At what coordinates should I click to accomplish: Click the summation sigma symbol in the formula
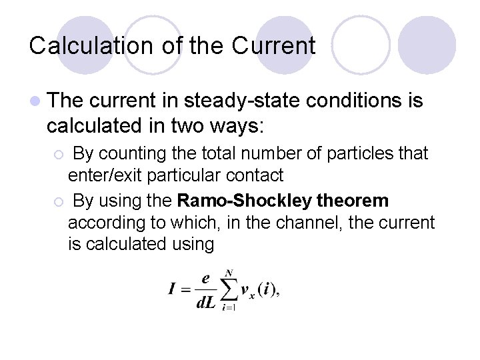229,289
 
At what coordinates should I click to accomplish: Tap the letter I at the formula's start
172,289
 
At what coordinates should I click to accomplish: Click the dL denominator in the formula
205,302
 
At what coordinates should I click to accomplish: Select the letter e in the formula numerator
206,279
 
